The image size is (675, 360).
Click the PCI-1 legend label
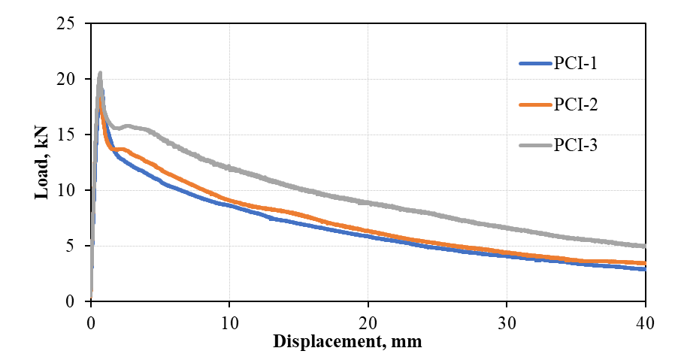pyautogui.click(x=576, y=63)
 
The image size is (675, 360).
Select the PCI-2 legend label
pyautogui.click(x=576, y=104)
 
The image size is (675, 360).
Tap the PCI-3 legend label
pyautogui.click(x=576, y=146)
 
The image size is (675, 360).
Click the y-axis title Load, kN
pyautogui.click(x=41, y=162)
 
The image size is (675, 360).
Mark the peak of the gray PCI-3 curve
pyautogui.click(x=99, y=73)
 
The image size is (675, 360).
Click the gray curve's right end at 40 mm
pyautogui.click(x=645, y=246)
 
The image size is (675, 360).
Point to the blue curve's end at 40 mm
pyautogui.click(x=645, y=269)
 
